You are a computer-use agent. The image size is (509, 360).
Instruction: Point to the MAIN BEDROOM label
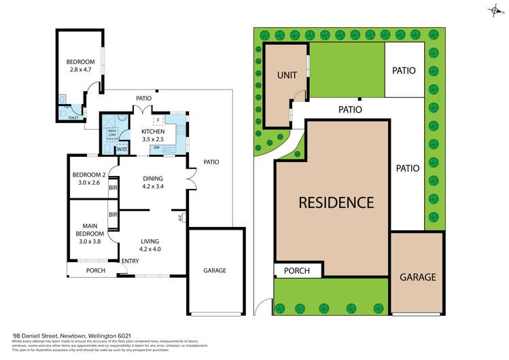coord(89,230)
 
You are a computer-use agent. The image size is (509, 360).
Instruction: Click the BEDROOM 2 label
coord(89,178)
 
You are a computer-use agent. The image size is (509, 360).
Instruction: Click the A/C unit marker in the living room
coord(180,218)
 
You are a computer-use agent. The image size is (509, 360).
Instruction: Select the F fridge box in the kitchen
coord(158,121)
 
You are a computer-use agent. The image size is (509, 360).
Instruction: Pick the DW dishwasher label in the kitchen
coord(156,147)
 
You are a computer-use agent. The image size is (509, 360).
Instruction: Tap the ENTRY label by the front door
coord(130,262)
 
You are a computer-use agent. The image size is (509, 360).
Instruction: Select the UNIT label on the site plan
coord(287,75)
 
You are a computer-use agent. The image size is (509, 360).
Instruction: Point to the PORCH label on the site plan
coord(296,270)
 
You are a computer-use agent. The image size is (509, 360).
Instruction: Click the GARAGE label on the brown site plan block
coord(417,277)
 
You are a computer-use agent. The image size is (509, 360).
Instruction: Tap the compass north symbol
coord(493,11)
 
